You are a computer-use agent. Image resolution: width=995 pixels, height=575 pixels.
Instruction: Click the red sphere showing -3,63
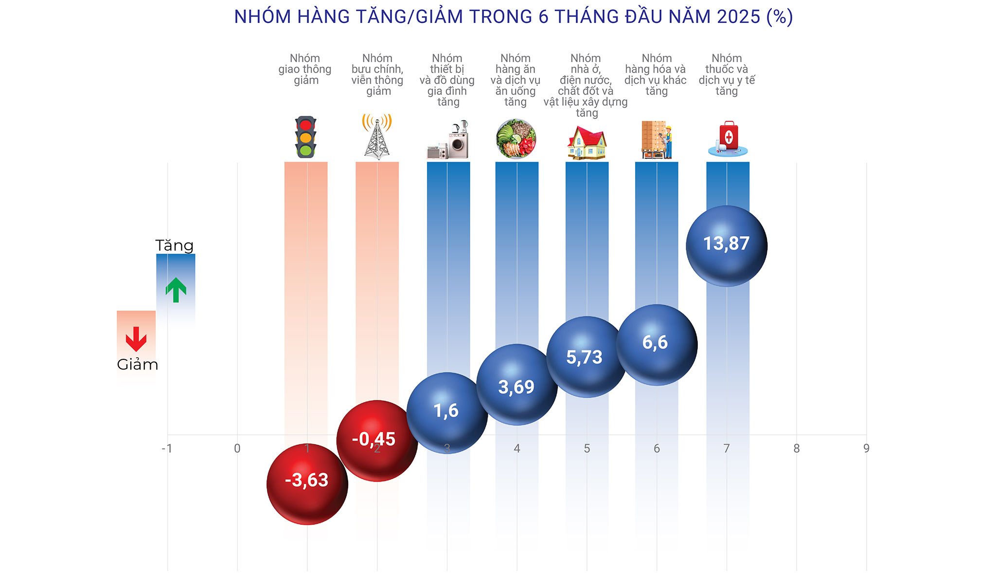point(307,483)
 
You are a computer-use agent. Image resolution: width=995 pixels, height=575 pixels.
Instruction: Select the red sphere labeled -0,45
point(377,441)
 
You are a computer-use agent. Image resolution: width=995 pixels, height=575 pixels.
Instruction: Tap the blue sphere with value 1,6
point(447,413)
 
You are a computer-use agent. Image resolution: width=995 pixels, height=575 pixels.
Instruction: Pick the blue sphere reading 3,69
point(516,385)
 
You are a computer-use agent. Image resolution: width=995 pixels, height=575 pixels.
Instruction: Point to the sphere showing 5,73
point(586,357)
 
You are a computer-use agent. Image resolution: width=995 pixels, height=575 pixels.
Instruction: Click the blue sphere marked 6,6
point(657,345)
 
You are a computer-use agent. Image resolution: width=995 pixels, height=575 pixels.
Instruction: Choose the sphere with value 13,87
point(727,246)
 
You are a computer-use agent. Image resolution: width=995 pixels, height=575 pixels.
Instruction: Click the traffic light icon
point(305,137)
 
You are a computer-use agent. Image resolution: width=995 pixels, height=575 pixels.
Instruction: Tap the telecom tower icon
point(377,137)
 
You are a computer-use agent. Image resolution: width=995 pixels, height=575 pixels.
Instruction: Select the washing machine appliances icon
point(448,140)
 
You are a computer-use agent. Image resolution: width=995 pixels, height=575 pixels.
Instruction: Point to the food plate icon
point(516,139)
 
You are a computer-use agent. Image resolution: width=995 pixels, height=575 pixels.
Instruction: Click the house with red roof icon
point(587,143)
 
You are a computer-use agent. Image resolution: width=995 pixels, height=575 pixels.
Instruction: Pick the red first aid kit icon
point(728,139)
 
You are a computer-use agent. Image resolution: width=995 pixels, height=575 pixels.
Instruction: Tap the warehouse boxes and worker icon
point(657,140)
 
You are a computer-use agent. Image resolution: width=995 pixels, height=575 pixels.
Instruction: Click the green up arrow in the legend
point(176,290)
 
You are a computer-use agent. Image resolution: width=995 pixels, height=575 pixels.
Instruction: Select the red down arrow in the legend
point(136,339)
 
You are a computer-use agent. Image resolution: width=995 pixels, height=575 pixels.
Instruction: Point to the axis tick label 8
point(796,448)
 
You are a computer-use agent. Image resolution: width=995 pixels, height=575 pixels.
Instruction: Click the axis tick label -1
point(167,448)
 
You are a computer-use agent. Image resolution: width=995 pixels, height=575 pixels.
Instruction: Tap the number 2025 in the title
point(738,17)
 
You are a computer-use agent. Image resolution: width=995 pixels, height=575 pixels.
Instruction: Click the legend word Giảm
point(138,365)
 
